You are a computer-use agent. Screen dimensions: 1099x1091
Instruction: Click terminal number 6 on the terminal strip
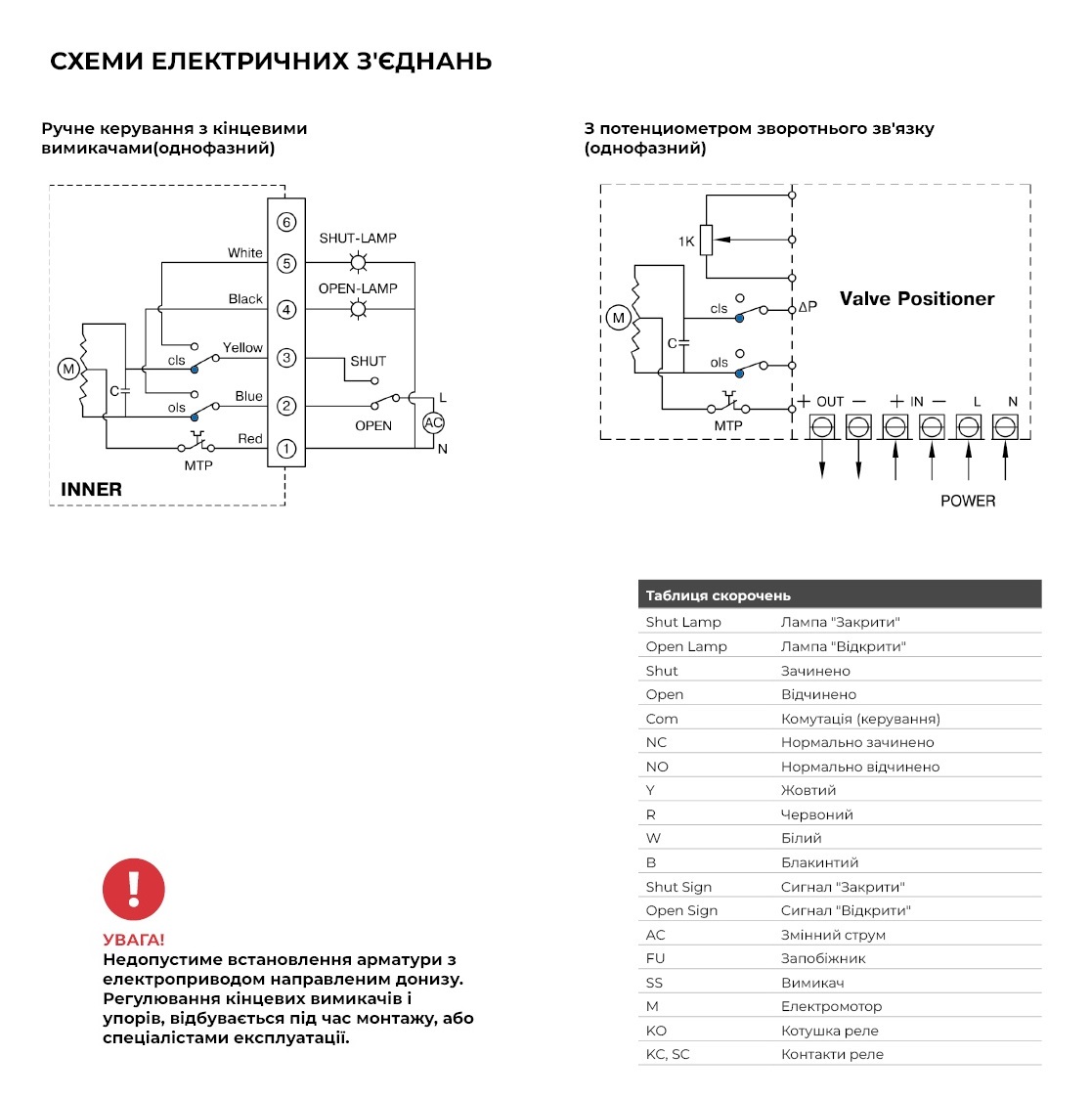pyautogui.click(x=286, y=222)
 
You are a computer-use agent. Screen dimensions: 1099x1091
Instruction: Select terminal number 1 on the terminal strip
pyautogui.click(x=286, y=449)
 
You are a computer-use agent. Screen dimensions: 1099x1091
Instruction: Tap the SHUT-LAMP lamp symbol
pyautogui.click(x=359, y=262)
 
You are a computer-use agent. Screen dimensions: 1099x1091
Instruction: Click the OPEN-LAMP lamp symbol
pyautogui.click(x=359, y=309)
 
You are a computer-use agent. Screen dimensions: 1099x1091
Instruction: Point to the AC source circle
pyautogui.click(x=433, y=422)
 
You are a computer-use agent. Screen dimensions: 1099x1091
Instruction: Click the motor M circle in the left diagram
pyautogui.click(x=68, y=369)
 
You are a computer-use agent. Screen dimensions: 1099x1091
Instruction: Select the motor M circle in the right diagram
pyautogui.click(x=618, y=318)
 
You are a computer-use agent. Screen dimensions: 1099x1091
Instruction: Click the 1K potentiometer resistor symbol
pyautogui.click(x=706, y=240)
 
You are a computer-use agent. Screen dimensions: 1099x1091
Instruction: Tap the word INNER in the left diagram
pyautogui.click(x=91, y=489)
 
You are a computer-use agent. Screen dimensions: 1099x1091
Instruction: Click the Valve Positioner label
pyautogui.click(x=916, y=299)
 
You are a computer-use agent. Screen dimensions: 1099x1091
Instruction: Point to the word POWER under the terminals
pyautogui.click(x=968, y=501)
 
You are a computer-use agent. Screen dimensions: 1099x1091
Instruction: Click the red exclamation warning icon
pyautogui.click(x=134, y=889)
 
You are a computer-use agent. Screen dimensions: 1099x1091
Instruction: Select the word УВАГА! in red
pyautogui.click(x=134, y=940)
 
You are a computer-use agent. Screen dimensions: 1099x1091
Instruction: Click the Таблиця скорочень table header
pyautogui.click(x=719, y=595)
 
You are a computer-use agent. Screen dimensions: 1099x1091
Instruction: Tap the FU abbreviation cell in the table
pyautogui.click(x=655, y=958)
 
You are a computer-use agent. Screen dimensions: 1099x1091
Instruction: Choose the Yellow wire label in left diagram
pyautogui.click(x=242, y=347)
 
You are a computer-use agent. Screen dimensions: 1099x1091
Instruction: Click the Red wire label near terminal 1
pyautogui.click(x=250, y=438)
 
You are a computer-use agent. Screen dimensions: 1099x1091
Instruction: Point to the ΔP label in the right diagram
pyautogui.click(x=807, y=307)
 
